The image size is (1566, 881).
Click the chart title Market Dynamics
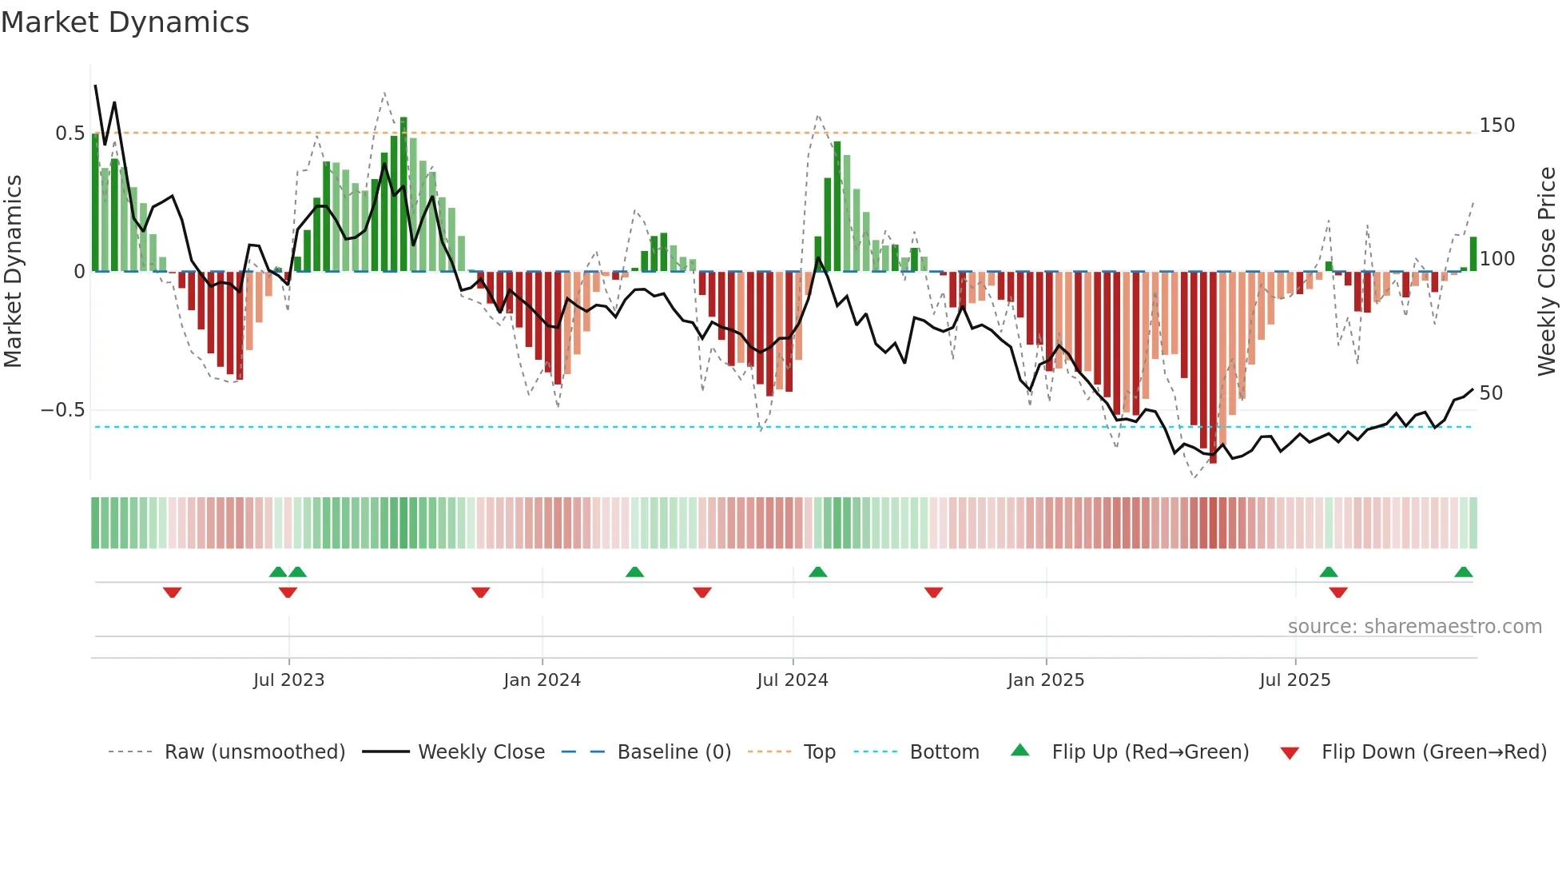125,22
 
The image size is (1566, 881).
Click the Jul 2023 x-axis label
288,680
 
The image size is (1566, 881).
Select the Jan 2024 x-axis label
542,680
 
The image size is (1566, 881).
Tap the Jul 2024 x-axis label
792,680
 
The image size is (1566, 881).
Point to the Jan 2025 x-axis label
1045,680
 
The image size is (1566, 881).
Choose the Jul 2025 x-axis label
1294,680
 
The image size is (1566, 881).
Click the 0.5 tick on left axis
70,134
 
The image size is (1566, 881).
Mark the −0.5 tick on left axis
63,410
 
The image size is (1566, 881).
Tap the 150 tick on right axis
1496,126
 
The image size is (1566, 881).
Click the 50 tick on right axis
1491,393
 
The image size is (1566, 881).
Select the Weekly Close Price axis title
1547,272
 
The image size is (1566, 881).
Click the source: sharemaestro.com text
1414,627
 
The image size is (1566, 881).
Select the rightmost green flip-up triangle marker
1463,572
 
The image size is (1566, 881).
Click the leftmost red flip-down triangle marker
172,592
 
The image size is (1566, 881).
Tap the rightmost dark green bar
1473,254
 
